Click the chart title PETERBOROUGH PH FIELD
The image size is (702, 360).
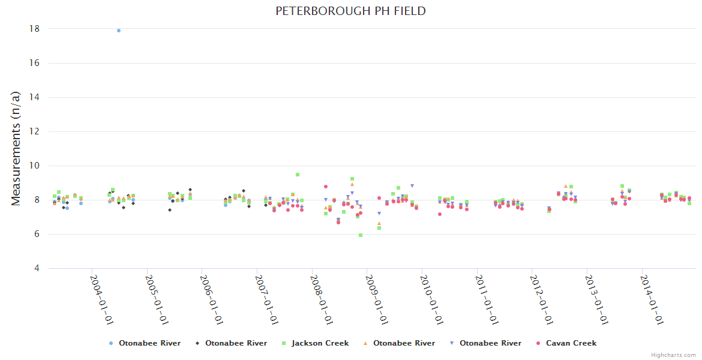(350, 11)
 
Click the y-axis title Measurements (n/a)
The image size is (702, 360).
(16, 148)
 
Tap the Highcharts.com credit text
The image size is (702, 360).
(673, 355)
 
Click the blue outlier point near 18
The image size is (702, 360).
(119, 31)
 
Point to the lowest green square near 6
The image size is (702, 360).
(361, 235)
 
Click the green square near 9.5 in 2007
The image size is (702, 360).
(298, 175)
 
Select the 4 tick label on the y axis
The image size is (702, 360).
(37, 268)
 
